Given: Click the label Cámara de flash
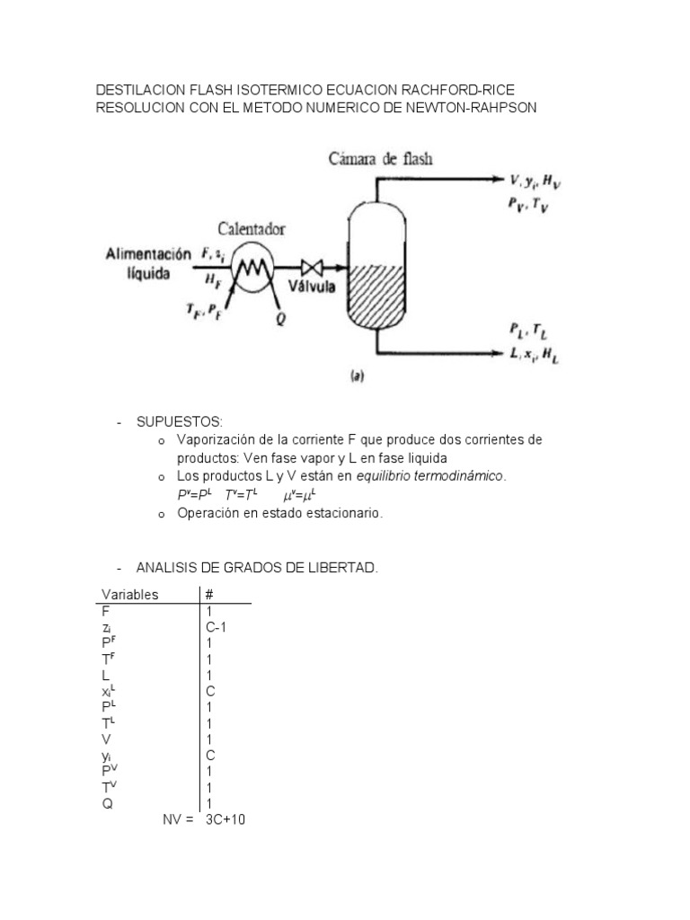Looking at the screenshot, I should [380, 160].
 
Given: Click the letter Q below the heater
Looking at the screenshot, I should [281, 320].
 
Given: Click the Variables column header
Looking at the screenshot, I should [130, 595].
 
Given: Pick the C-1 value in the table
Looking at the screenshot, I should [215, 627].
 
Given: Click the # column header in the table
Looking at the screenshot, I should [209, 595].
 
